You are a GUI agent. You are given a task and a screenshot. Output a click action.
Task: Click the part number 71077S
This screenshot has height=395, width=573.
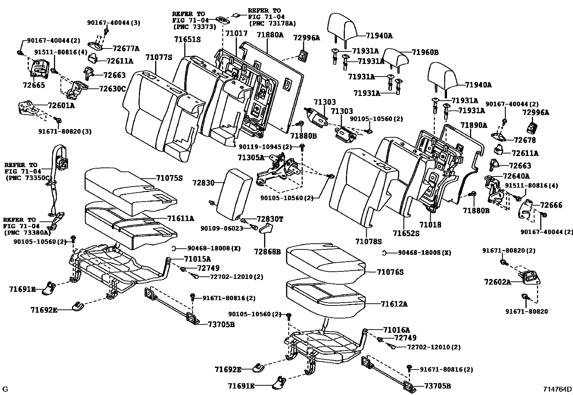tap(159, 57)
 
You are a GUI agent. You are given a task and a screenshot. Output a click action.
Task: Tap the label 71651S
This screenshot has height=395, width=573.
tap(187, 40)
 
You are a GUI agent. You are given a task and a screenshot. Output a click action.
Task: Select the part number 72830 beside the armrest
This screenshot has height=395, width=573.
tap(203, 183)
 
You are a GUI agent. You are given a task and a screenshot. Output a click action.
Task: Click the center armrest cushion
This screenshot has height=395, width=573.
tap(234, 194)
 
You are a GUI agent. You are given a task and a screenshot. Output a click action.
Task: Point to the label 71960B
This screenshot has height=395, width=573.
tap(425, 52)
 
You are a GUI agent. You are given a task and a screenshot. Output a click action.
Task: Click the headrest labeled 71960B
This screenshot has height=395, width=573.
tap(396, 59)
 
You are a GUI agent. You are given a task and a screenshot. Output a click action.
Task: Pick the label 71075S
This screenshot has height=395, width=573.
tap(169, 178)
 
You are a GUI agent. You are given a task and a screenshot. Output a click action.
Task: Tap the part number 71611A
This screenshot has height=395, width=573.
tap(181, 219)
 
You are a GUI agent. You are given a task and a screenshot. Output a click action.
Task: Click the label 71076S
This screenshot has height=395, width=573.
tap(390, 272)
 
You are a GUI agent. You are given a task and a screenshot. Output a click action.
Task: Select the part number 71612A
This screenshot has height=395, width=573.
tap(394, 304)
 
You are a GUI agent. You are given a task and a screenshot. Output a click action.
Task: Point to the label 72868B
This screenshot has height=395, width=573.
tap(267, 252)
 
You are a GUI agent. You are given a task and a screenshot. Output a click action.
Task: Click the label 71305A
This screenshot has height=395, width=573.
tap(251, 158)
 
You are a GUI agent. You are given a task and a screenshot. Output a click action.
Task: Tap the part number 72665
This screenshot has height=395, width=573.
tap(34, 85)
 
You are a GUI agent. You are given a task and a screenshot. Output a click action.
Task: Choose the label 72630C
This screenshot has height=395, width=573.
tap(112, 89)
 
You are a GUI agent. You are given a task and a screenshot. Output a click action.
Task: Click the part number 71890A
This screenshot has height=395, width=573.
tap(474, 125)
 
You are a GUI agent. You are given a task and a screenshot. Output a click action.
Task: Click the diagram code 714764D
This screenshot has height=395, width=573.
tap(558, 389)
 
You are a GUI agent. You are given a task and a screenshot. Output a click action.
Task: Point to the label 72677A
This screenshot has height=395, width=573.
tap(126, 48)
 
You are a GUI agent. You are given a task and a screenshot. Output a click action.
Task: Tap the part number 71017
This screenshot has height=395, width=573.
tap(236, 33)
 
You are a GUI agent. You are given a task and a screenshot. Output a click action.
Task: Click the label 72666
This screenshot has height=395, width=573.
tap(551, 205)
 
